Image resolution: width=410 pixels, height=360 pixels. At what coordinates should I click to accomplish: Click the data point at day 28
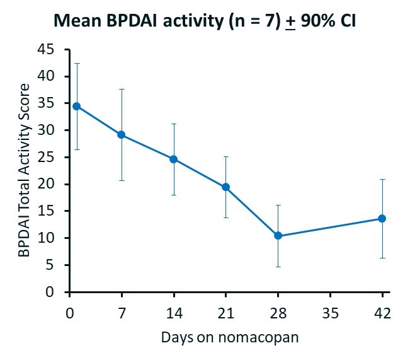point(278,236)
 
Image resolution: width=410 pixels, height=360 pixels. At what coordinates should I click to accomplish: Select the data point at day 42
point(382,218)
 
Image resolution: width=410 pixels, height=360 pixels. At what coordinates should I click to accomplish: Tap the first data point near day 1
point(76,106)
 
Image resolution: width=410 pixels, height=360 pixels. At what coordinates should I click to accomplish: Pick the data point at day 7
point(121,134)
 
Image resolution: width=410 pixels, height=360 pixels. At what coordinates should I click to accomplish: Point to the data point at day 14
point(173,159)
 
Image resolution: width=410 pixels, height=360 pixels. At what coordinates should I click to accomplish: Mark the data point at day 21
point(225,187)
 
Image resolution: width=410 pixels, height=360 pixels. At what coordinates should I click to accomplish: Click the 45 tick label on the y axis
point(45,49)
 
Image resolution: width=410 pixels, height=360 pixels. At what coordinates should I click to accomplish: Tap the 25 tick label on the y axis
point(45,157)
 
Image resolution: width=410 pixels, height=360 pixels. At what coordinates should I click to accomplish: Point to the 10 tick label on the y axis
point(45,238)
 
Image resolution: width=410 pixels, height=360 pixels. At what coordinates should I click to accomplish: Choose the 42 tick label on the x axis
point(382,312)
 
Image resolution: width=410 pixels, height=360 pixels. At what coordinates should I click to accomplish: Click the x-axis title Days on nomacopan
point(230,337)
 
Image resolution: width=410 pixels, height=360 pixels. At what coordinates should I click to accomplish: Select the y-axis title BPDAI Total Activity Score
point(23,170)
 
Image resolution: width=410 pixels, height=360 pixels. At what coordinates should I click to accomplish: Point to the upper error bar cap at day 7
point(121,89)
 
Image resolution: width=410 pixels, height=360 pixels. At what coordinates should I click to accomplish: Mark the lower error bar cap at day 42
point(382,258)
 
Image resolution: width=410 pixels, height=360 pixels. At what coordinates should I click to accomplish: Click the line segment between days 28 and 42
point(330,227)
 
